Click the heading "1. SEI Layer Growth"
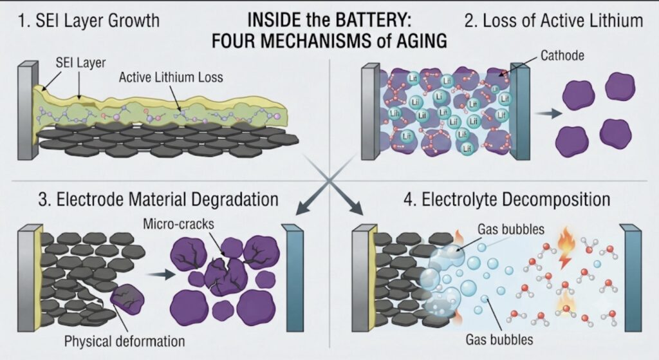[x=89, y=21]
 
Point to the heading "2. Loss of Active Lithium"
[x=553, y=21]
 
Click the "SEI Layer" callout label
[x=80, y=62]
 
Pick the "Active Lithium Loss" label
[x=171, y=77]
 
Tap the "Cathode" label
[x=562, y=55]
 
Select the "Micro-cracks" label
[x=179, y=223]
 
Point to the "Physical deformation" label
[x=124, y=341]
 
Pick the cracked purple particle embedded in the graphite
[x=127, y=299]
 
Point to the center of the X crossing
[x=329, y=180]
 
